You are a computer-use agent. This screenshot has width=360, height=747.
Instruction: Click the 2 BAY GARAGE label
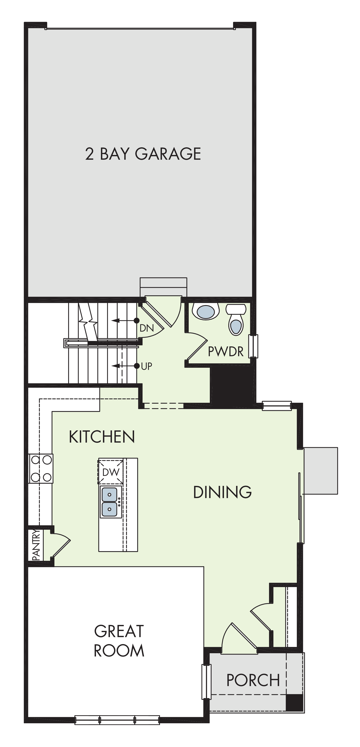coord(143,154)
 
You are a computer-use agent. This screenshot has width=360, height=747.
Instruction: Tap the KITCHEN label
coord(102,437)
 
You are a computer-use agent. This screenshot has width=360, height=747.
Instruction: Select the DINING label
coord(222,492)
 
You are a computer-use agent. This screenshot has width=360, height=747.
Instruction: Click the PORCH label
coord(253,680)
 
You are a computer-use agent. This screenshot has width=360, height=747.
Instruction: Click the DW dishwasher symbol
coord(111,472)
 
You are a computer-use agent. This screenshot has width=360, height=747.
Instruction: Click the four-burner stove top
coord(41,468)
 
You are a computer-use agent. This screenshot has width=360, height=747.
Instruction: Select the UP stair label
coord(146,366)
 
